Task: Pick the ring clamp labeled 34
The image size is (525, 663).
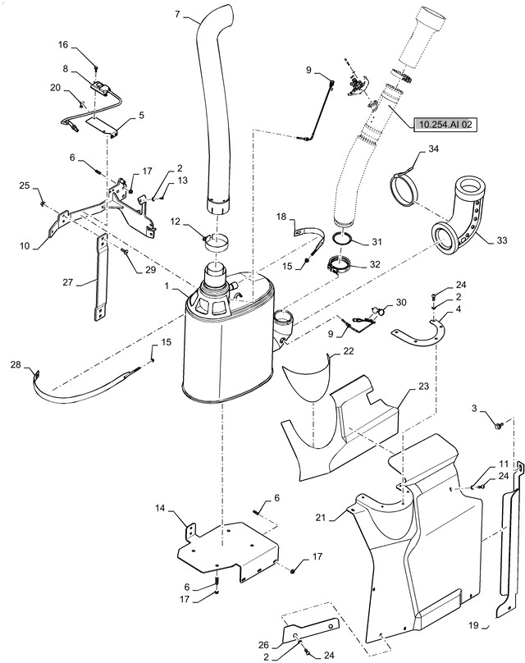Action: (404, 189)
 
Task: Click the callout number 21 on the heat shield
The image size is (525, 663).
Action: (321, 517)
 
